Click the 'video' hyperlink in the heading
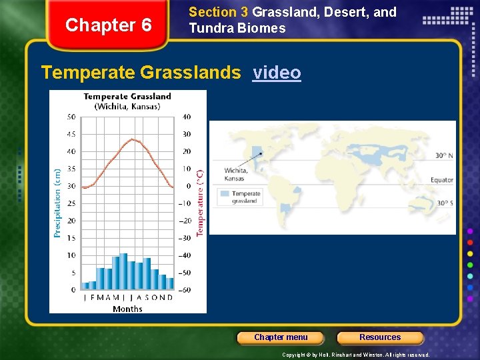[277, 73]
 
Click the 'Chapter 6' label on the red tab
[109, 26]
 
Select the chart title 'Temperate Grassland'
[127, 97]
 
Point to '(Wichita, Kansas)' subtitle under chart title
[127, 107]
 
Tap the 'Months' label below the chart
[127, 309]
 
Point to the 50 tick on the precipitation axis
[71, 117]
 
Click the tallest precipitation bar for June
[123, 271]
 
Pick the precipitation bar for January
[85, 285]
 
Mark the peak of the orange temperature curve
[133, 139]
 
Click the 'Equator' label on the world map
[441, 180]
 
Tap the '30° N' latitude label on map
[444, 155]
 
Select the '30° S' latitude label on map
[444, 203]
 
